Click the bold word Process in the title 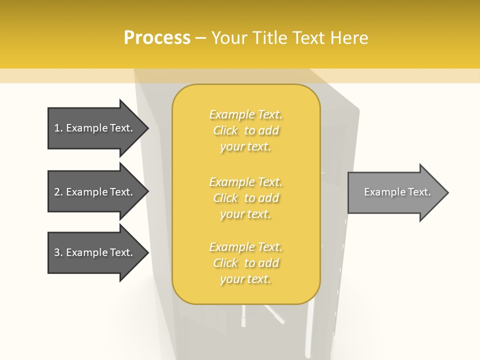(x=157, y=38)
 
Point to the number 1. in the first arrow (x=58, y=128)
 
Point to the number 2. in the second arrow (x=58, y=192)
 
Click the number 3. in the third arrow (x=58, y=252)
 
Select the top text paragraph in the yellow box (x=245, y=130)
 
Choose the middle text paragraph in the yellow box (x=245, y=198)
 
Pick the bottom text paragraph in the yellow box (x=245, y=263)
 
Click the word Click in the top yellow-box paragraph (x=225, y=130)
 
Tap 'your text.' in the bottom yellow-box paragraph (x=245, y=279)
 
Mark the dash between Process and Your (x=200, y=38)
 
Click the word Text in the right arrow (x=419, y=192)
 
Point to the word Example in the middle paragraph (x=231, y=182)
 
